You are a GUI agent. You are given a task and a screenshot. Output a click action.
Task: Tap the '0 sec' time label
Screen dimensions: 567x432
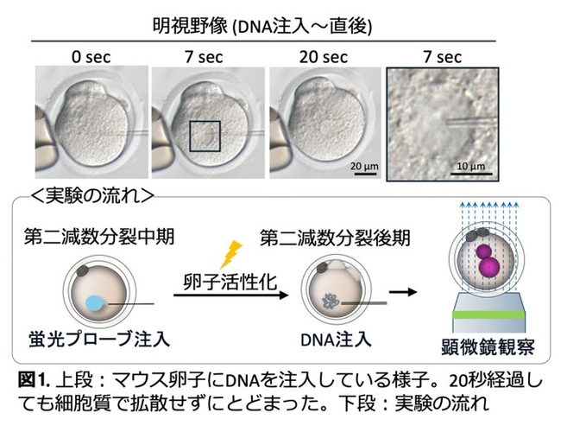(91, 57)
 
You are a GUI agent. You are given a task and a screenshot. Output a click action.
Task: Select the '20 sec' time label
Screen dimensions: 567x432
(324, 57)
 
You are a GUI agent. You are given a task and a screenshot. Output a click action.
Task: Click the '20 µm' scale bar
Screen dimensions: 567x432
(364, 175)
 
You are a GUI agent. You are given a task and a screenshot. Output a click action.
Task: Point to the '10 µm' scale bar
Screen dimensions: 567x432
(471, 175)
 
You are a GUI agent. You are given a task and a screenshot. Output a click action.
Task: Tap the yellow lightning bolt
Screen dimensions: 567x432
(231, 255)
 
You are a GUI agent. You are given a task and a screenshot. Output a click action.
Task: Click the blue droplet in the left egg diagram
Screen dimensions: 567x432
(96, 303)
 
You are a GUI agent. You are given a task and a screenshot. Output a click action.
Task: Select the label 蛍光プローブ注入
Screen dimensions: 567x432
(99, 340)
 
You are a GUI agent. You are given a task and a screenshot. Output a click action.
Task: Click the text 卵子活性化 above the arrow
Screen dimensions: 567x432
(230, 282)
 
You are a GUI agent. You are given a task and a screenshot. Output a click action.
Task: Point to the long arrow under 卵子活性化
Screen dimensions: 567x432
(230, 295)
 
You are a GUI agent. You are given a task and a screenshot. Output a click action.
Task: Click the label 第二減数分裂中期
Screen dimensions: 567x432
(99, 237)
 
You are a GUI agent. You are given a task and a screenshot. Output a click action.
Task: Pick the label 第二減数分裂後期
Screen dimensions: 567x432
(335, 238)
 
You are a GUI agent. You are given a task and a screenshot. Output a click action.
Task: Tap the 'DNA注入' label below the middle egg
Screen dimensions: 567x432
(336, 340)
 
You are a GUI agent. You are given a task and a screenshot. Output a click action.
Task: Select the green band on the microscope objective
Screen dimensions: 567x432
(488, 314)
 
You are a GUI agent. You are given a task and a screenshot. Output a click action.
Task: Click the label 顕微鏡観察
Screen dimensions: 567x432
(488, 346)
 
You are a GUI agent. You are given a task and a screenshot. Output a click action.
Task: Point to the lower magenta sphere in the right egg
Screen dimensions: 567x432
(489, 268)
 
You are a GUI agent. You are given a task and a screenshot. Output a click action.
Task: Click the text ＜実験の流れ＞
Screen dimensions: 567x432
(92, 196)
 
